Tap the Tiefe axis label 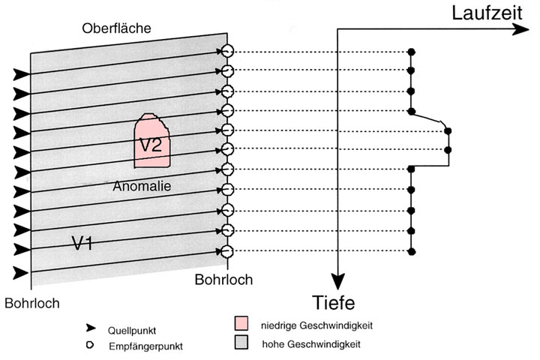click(x=334, y=303)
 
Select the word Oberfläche click(x=116, y=28)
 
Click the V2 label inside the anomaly click(x=151, y=144)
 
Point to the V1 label click(x=82, y=243)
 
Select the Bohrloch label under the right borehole click(x=223, y=280)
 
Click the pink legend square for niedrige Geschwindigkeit click(x=241, y=325)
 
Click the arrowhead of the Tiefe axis click(x=339, y=282)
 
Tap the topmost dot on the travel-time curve click(x=411, y=52)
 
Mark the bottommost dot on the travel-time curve click(x=411, y=250)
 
